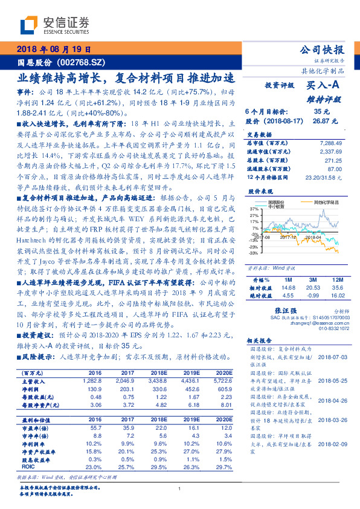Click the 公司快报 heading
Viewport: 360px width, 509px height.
322,50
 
